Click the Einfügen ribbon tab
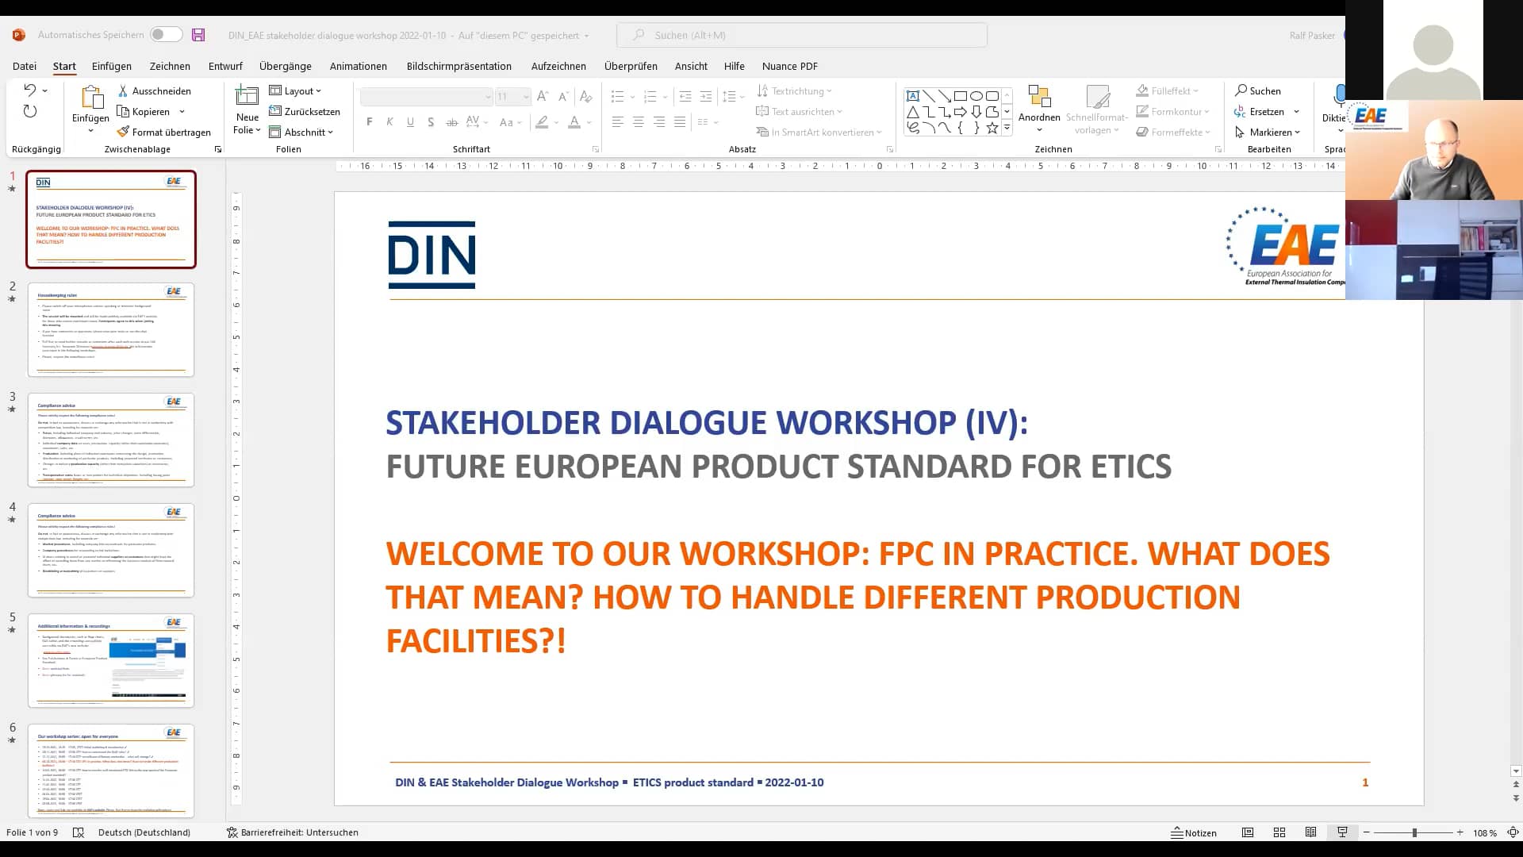click(111, 66)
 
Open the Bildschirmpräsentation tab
click(458, 66)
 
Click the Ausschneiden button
click(155, 91)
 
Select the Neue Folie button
click(247, 110)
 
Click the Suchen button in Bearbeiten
click(1258, 91)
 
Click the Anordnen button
click(1038, 107)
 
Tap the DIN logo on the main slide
click(432, 255)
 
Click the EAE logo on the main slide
click(1285, 246)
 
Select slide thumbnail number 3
click(111, 440)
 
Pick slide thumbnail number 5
click(111, 660)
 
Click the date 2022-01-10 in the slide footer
click(794, 782)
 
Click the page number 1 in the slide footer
click(1365, 782)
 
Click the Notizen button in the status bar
click(1194, 832)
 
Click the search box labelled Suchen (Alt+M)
click(801, 35)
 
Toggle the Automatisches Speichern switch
click(167, 35)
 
